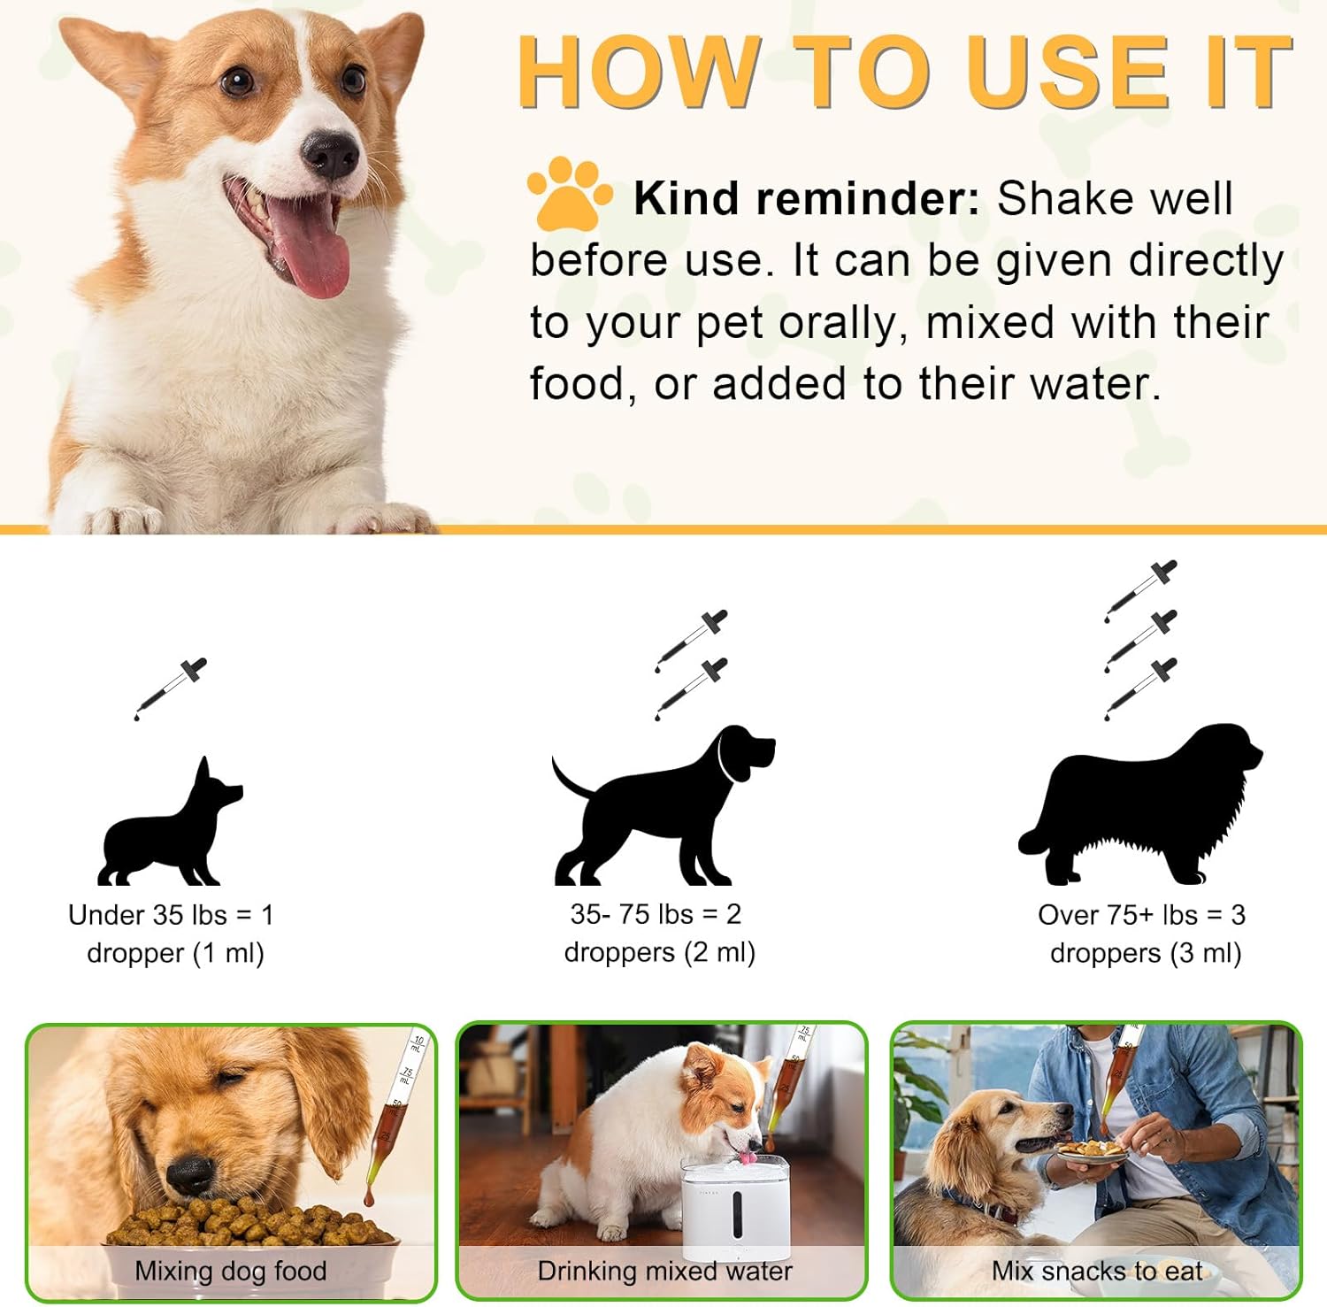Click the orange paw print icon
(x=570, y=192)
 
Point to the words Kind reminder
(x=806, y=198)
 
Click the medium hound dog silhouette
(x=663, y=806)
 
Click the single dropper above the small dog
(x=170, y=689)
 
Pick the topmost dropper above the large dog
(x=1141, y=591)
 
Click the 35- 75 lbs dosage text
(x=659, y=933)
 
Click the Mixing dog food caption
(x=231, y=1271)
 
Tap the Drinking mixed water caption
(x=664, y=1271)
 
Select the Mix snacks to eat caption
(x=1097, y=1271)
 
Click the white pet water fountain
(x=735, y=1204)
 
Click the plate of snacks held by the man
(x=1093, y=1151)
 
